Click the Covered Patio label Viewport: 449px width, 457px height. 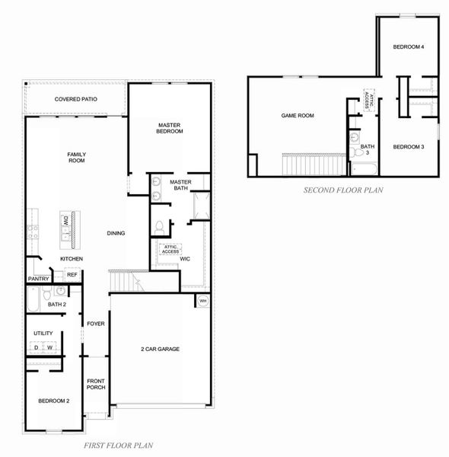[76, 100]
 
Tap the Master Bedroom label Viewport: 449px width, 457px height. [170, 128]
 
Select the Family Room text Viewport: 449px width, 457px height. [76, 157]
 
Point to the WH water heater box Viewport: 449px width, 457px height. [202, 302]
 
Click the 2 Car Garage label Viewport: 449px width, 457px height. [160, 349]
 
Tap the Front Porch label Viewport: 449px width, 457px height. [95, 384]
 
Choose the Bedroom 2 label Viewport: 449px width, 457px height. [53, 401]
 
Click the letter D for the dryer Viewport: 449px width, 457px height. [36, 347]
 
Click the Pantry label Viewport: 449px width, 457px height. [38, 279]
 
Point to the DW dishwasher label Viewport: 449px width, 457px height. [66, 222]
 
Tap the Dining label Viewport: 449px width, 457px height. [116, 233]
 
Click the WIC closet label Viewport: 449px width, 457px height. [185, 259]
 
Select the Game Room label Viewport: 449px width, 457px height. [298, 116]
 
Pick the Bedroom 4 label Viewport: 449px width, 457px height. [408, 47]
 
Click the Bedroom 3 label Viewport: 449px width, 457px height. [408, 146]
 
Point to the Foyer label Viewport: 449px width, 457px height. [95, 324]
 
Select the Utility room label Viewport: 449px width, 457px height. [43, 334]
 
